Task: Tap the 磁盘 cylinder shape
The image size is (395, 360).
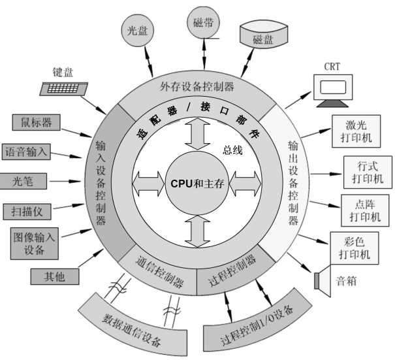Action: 262,36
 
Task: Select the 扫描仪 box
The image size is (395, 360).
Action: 27,210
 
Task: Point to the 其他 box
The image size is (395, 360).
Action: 56,276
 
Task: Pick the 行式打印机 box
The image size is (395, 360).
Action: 362,172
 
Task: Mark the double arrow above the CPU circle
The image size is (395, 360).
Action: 198,133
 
